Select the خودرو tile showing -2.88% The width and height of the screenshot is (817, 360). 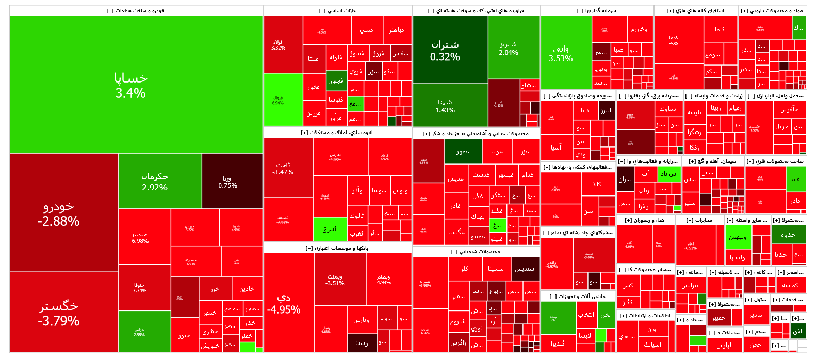(x=58, y=214)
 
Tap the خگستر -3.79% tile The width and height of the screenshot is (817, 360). (x=58, y=313)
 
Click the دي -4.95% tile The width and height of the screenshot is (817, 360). (x=289, y=303)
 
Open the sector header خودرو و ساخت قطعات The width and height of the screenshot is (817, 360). (x=136, y=10)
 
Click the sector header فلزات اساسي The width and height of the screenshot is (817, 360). (x=337, y=10)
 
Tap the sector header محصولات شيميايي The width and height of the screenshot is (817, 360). (x=476, y=252)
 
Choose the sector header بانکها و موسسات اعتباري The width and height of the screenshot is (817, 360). (x=337, y=248)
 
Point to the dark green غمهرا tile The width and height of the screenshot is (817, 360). (x=463, y=152)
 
